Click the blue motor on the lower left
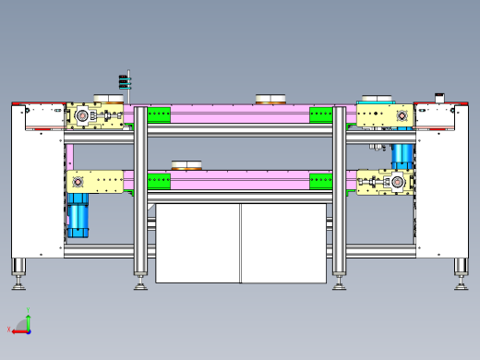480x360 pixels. pos(78,219)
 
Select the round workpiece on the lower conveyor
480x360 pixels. pos(187,166)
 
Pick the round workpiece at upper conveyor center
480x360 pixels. pos(271,99)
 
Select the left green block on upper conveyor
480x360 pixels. pos(159,115)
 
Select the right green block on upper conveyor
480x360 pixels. pos(321,115)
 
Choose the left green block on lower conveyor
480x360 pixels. pos(159,181)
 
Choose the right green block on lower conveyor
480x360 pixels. pos(321,181)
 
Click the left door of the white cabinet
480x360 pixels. pos(198,243)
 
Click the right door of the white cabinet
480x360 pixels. pos(283,243)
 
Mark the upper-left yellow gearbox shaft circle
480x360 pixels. pos(81,115)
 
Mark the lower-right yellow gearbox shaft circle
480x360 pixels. pos(398,181)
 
